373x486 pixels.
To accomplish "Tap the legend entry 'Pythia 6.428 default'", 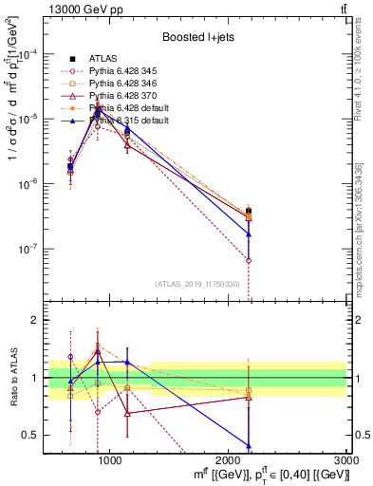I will pyautogui.click(x=131, y=108).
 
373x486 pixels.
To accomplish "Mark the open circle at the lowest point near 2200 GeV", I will pyautogui.click(x=249, y=260).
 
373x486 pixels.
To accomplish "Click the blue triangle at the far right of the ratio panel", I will pyautogui.click(x=249, y=445).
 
